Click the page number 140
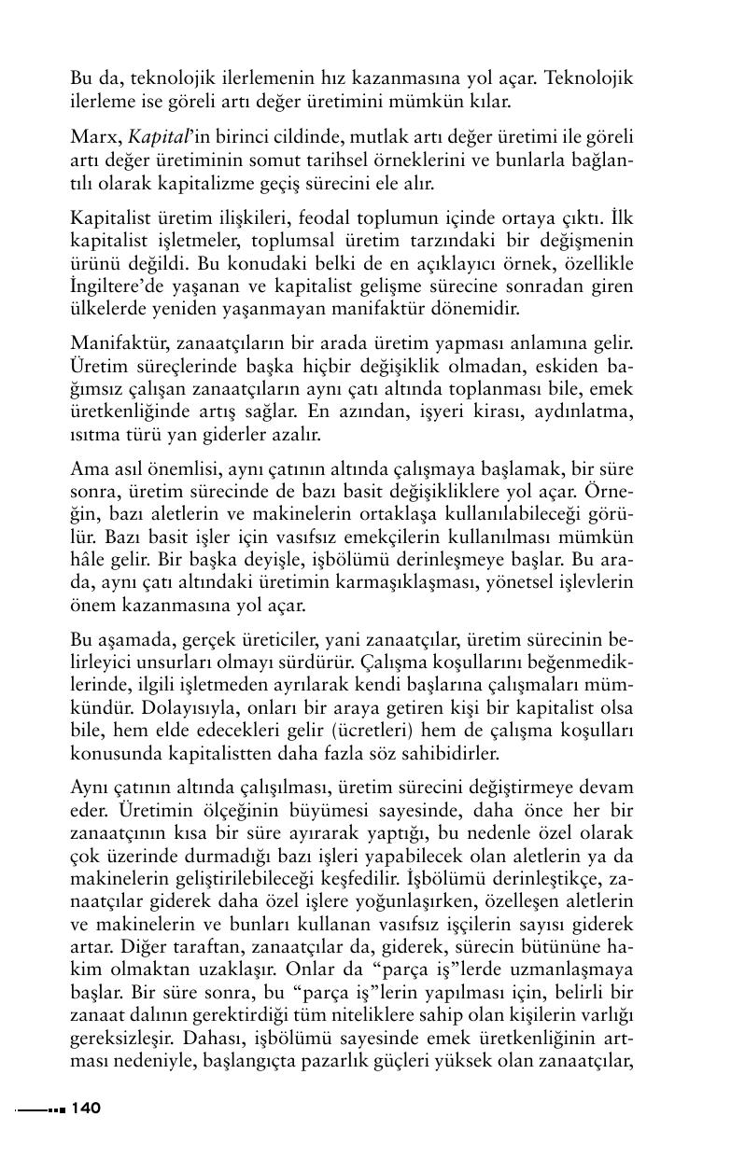click(x=85, y=1109)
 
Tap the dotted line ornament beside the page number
click(x=39, y=1109)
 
